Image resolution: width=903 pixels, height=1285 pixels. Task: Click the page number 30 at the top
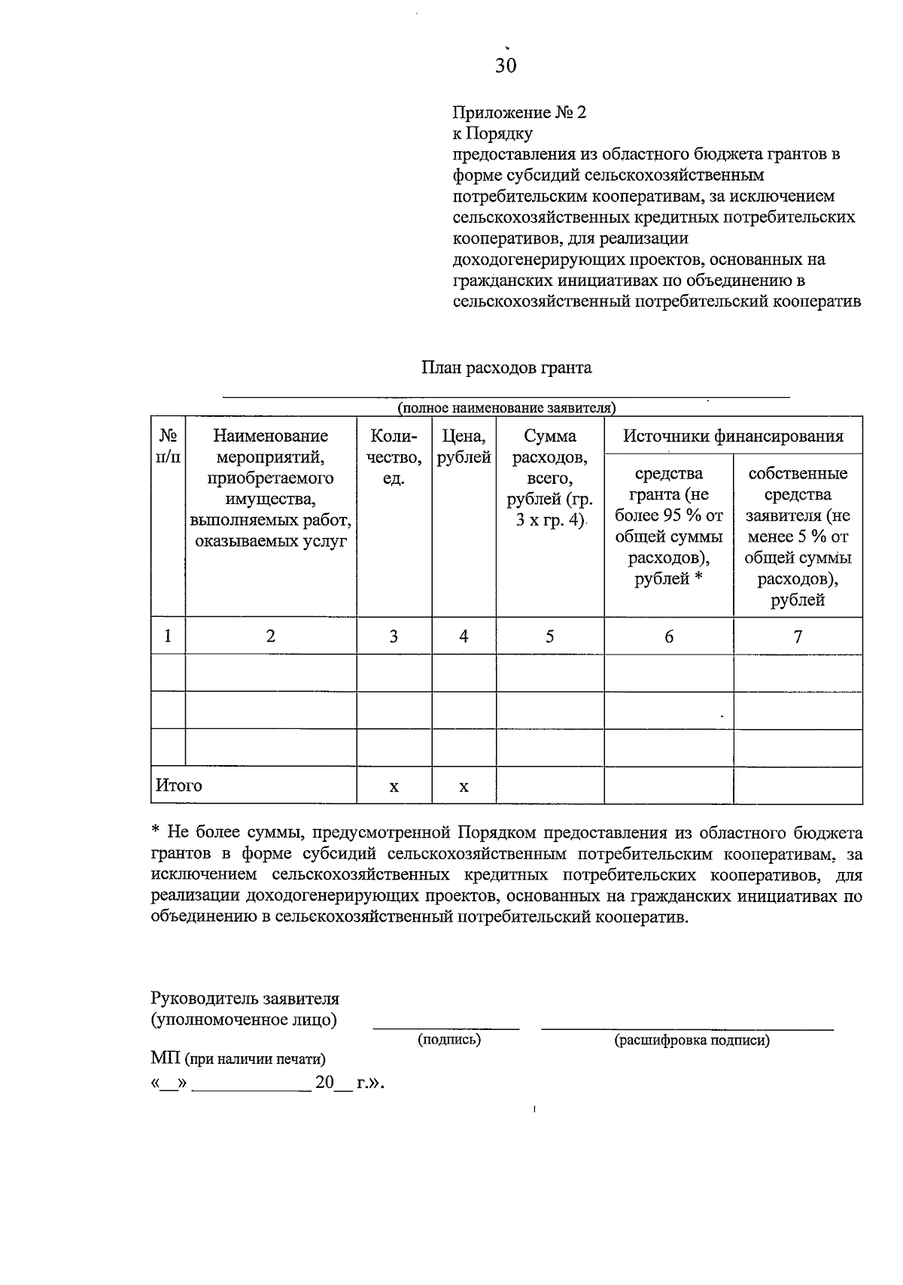(x=506, y=66)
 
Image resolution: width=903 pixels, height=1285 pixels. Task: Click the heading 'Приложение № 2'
(x=518, y=113)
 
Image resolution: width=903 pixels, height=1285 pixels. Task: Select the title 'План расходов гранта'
(x=506, y=368)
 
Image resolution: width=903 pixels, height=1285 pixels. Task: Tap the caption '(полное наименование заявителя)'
(x=506, y=408)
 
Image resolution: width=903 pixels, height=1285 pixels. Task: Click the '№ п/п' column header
(x=168, y=445)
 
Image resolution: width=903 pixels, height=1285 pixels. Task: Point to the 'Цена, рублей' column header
(x=464, y=445)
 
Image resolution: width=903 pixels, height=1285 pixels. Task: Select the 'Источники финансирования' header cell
(x=733, y=436)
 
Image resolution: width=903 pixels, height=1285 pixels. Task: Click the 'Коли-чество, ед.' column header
(x=394, y=456)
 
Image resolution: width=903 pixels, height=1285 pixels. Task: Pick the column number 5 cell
(x=550, y=636)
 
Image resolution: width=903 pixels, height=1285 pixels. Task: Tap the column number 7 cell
(x=798, y=636)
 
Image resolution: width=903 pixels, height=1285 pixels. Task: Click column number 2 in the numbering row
(x=271, y=636)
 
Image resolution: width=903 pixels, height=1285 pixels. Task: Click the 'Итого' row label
(x=179, y=785)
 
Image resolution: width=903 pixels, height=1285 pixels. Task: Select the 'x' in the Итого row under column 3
(x=394, y=787)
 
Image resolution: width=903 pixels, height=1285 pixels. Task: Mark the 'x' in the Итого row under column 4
(x=464, y=787)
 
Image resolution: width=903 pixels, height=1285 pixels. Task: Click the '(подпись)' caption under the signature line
(x=449, y=1040)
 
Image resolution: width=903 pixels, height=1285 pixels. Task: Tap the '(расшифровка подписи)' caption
(x=692, y=1040)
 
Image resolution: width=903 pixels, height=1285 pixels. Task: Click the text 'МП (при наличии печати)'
(x=238, y=1059)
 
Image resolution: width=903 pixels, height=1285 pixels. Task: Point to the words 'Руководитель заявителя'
(x=245, y=999)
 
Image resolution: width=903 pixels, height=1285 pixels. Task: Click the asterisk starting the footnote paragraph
(x=156, y=831)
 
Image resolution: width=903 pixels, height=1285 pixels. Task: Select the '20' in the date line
(x=324, y=1083)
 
